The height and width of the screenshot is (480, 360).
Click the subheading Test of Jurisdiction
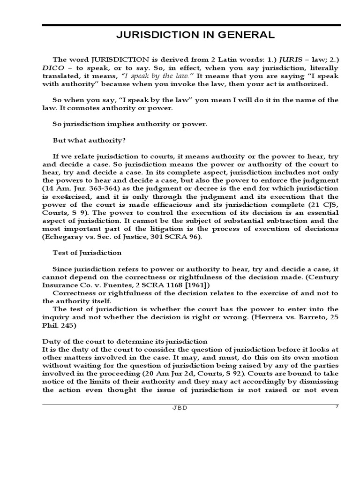(x=87, y=253)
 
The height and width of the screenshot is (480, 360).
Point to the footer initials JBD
(x=179, y=408)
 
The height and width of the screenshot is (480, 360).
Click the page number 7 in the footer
(x=337, y=406)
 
